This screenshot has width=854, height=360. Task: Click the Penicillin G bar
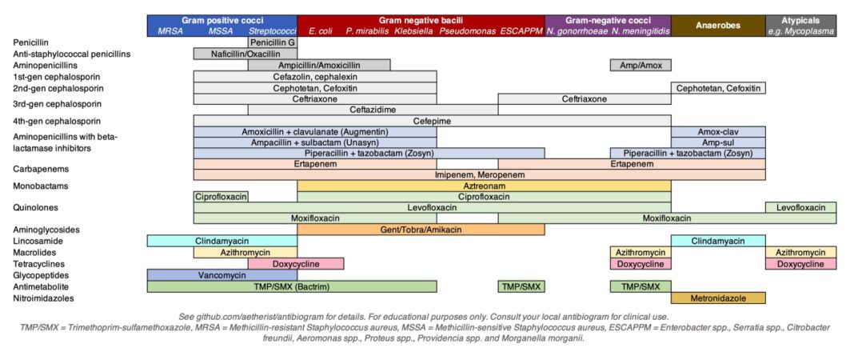tap(272, 42)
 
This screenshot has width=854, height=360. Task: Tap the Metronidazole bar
tap(717, 298)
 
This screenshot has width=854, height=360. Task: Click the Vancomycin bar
tap(221, 275)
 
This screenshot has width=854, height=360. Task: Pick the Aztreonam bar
tap(483, 185)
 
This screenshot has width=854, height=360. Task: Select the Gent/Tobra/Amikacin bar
tap(421, 230)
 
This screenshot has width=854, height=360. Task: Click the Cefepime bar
tap(432, 120)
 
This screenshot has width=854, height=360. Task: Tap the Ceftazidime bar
tap(372, 110)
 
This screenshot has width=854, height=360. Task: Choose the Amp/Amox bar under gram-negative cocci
tap(640, 65)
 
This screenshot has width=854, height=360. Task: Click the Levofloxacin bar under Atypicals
tap(800, 207)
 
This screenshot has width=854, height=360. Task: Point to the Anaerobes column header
tap(717, 26)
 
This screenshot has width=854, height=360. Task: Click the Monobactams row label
tap(39, 186)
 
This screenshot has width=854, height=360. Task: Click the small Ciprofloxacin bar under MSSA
tap(221, 196)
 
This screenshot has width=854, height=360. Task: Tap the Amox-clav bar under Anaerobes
tap(717, 131)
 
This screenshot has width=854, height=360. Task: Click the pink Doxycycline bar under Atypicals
tap(800, 264)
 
